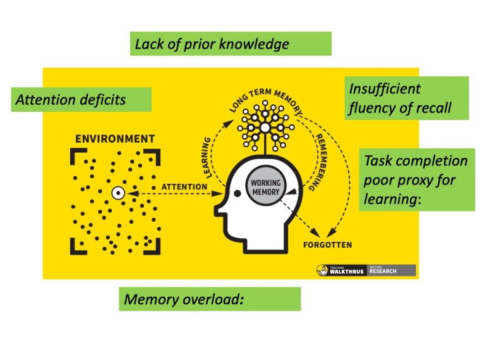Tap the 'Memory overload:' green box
pos(210,299)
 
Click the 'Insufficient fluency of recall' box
pos(407,98)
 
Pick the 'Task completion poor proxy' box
pos(417,180)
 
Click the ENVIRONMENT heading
pos(115,138)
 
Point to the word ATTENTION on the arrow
pos(184,187)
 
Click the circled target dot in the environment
pos(117,193)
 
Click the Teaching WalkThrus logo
pos(341,271)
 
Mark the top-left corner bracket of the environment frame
pos(75,153)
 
